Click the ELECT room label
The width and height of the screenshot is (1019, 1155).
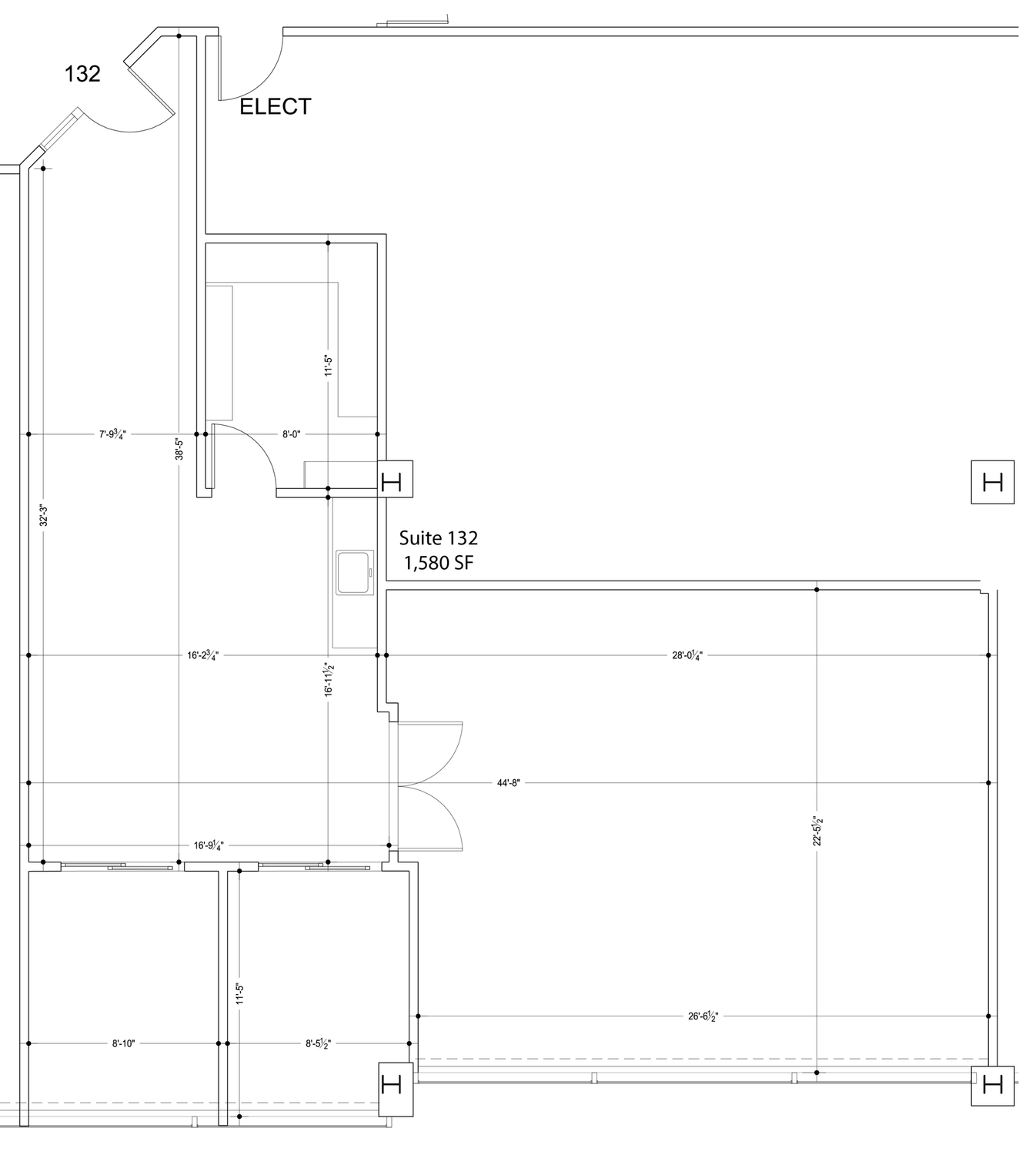[x=276, y=106]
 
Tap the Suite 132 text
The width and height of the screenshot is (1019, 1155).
[x=438, y=537]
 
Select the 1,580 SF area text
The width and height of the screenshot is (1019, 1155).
[x=439, y=563]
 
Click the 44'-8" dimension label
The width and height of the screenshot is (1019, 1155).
[x=509, y=783]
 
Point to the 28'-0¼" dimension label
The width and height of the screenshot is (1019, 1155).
[x=687, y=655]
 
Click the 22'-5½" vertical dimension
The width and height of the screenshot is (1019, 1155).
[x=817, y=831]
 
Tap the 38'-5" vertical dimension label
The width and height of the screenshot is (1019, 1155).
[x=179, y=449]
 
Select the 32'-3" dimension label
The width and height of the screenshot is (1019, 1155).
[x=43, y=515]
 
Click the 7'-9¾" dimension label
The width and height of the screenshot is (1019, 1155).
[x=112, y=434]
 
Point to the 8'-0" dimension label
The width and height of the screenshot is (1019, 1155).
[x=291, y=434]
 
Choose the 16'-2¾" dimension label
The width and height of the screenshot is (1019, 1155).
[x=203, y=655]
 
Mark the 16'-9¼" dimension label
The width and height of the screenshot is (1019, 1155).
[x=209, y=845]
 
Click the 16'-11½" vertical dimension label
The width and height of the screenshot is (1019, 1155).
[x=329, y=679]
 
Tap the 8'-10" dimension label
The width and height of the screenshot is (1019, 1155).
[x=123, y=1043]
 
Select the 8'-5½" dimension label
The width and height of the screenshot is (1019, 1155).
[x=318, y=1043]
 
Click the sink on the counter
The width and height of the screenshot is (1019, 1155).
[x=355, y=572]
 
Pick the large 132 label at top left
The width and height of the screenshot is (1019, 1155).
[x=82, y=74]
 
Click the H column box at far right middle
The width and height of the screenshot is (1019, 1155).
[x=993, y=482]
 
